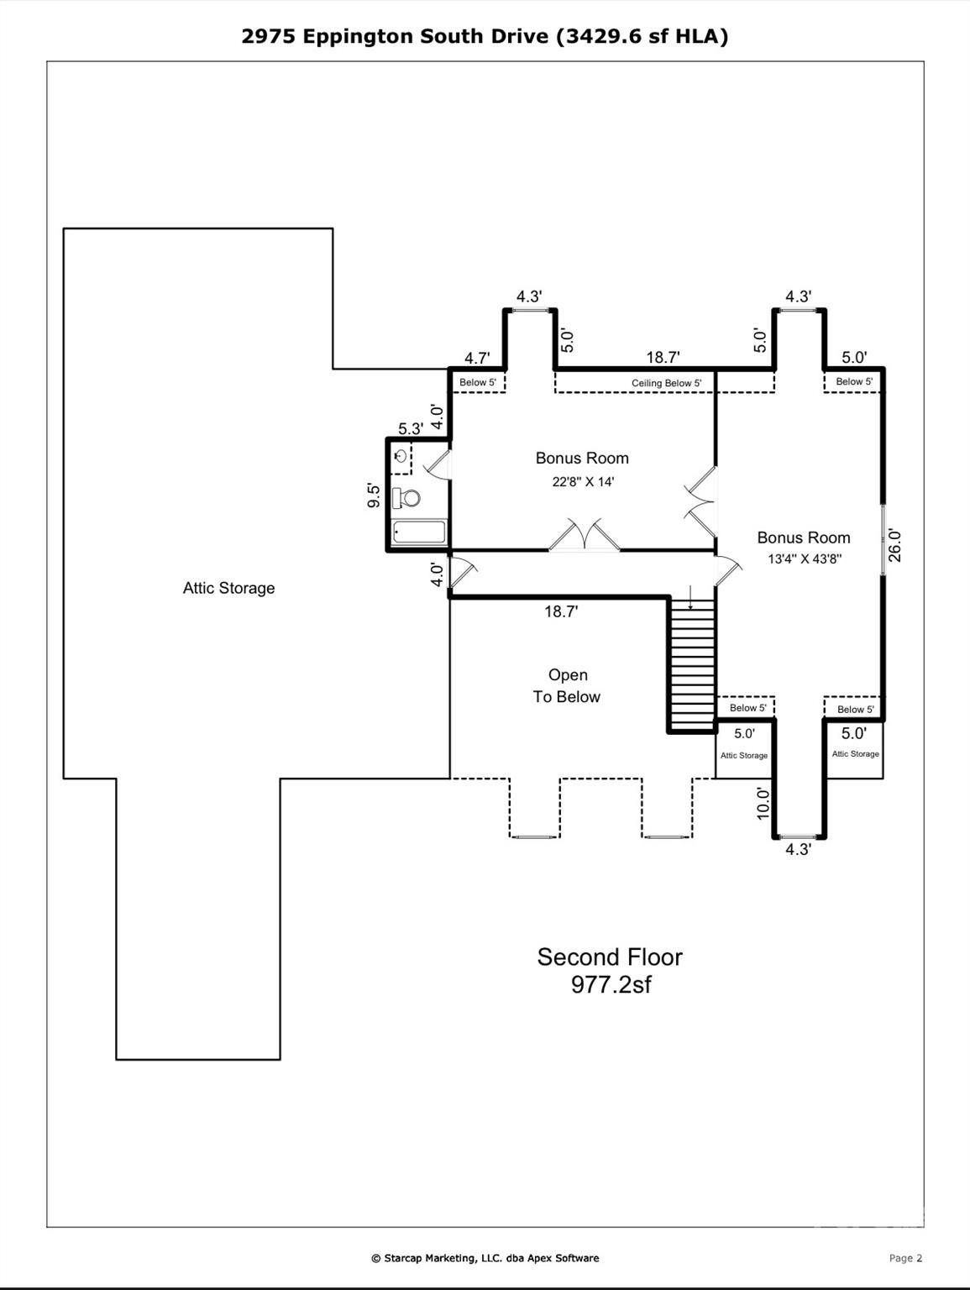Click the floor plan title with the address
(x=485, y=36)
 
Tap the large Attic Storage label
(x=228, y=588)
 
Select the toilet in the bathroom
(x=408, y=499)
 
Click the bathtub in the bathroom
(x=419, y=532)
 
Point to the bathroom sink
(x=401, y=456)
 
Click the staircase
(x=692, y=664)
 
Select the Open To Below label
(x=567, y=685)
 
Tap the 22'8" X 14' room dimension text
(x=582, y=482)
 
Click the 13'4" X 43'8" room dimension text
(x=804, y=558)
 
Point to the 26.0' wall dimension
(x=894, y=545)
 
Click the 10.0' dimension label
(x=763, y=803)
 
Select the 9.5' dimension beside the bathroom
(x=375, y=495)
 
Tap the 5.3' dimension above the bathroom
(x=410, y=428)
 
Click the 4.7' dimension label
(x=477, y=358)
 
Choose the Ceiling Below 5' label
(x=666, y=383)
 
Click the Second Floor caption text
(x=610, y=957)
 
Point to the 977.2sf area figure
(x=611, y=984)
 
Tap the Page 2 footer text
(x=905, y=1258)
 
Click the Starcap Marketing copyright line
(x=485, y=1258)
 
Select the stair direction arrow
(x=690, y=599)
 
